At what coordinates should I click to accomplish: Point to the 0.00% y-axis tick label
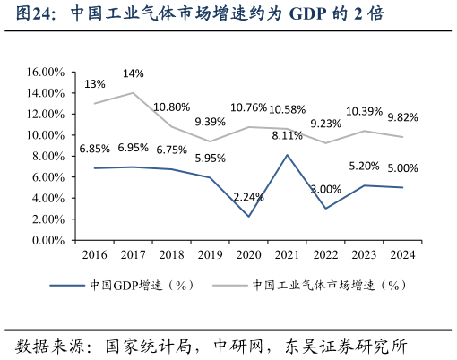46,240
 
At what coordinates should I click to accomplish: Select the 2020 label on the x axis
248,255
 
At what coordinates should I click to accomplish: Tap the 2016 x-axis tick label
94,255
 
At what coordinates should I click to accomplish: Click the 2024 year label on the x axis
402,255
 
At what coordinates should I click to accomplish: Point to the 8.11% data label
287,136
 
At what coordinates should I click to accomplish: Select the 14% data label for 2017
133,73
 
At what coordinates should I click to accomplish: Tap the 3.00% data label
325,189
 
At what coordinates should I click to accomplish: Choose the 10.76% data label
248,108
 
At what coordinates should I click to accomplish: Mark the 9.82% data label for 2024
402,117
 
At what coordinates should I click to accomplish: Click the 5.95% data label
210,158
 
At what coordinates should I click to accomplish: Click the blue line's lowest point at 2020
248,217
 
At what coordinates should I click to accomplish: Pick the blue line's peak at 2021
287,155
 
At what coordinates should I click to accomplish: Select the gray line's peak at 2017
133,93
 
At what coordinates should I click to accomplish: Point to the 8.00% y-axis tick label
46,156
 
